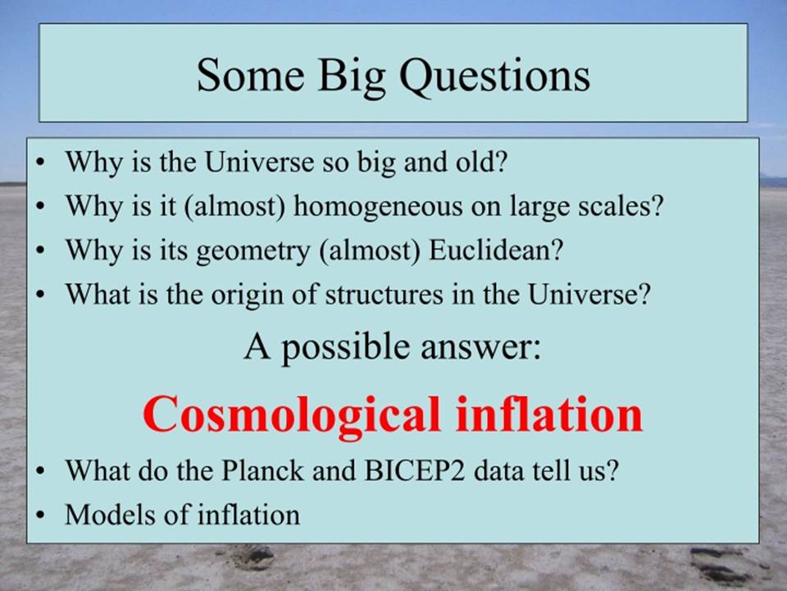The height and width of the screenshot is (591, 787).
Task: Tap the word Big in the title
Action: click(x=352, y=77)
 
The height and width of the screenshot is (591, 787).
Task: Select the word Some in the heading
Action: click(x=251, y=75)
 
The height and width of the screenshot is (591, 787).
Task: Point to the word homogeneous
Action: click(x=378, y=207)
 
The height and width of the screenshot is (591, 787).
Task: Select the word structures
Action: click(x=384, y=295)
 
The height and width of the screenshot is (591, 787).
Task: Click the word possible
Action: click(x=345, y=348)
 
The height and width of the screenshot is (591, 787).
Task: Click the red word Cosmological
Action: click(x=292, y=415)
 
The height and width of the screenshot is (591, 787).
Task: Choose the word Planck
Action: click(x=262, y=470)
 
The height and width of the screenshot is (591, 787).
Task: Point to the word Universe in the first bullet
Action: click(x=261, y=163)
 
